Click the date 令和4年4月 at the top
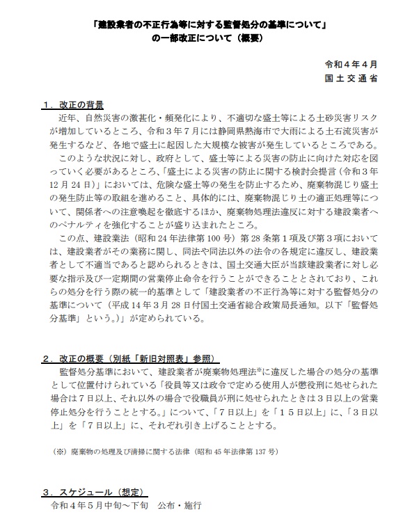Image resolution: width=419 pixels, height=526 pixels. pyautogui.click(x=353, y=64)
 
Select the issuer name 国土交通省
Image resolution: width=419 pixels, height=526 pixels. pyautogui.click(x=353, y=79)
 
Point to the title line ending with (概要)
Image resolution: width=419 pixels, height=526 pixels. pyautogui.click(x=209, y=39)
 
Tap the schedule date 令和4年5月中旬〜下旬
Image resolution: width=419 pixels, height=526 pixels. pyautogui.click(x=96, y=505)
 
